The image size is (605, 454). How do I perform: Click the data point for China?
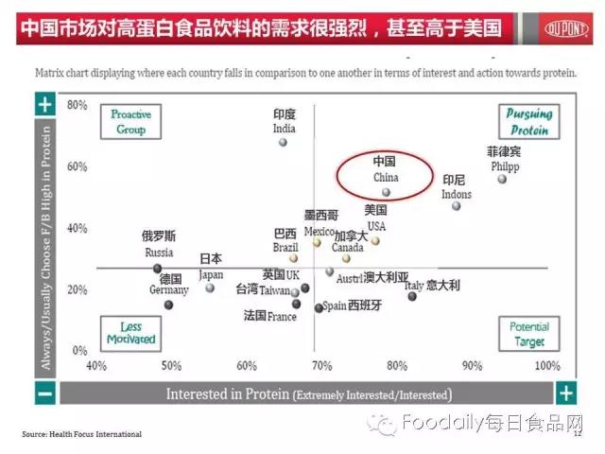pos(386,191)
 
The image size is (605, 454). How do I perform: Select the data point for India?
pos(283,143)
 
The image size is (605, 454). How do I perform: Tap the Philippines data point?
pos(502,179)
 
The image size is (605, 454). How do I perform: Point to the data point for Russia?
pos(158,269)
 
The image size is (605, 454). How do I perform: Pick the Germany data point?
pos(168,305)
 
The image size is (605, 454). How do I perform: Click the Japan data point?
pos(210,288)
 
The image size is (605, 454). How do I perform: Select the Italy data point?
pos(412,296)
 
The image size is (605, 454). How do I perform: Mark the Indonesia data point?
pos(457,206)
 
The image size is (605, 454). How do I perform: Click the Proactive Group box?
pos(130,122)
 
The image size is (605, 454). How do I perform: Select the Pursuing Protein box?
pos(525,122)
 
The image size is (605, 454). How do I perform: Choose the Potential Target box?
pos(528,333)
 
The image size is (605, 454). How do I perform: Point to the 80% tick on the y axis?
pos(77,105)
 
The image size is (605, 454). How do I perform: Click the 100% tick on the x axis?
pos(547,365)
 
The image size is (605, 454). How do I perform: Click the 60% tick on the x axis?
pos(247,365)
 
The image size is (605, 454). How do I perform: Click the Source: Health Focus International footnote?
pos(81,434)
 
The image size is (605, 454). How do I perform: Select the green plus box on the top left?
pos(44,104)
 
